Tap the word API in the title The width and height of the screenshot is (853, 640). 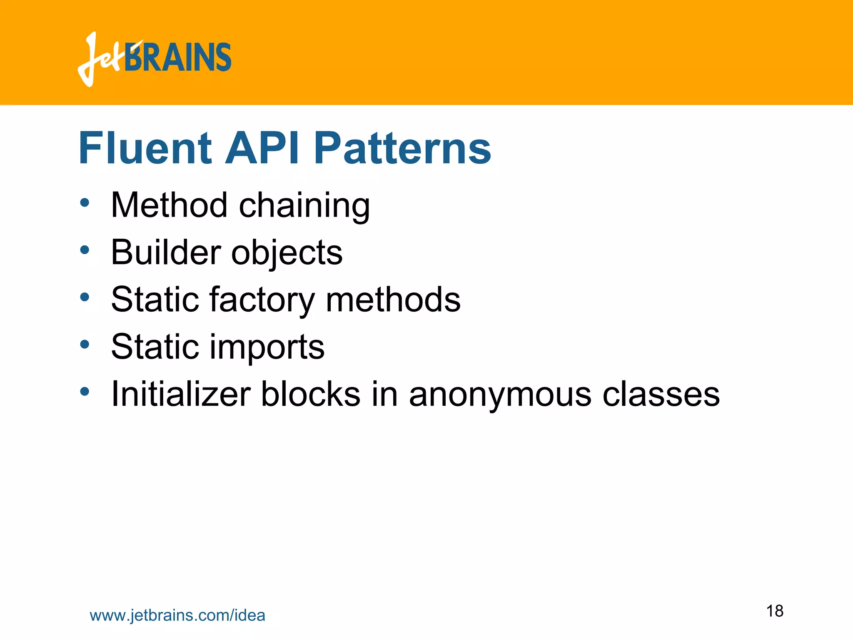(x=262, y=148)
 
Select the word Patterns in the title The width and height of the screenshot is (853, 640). (x=402, y=148)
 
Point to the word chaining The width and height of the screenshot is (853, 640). (x=304, y=207)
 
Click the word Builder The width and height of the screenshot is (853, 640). (x=166, y=252)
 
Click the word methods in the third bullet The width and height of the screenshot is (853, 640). (x=393, y=300)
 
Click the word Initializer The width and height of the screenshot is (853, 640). (x=181, y=394)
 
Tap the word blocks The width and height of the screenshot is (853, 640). (x=311, y=394)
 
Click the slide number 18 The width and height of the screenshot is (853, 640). (x=775, y=611)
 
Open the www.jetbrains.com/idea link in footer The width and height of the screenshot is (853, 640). (x=177, y=615)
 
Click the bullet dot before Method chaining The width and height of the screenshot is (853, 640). (x=85, y=203)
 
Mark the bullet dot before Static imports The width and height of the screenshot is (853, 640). (x=85, y=345)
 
